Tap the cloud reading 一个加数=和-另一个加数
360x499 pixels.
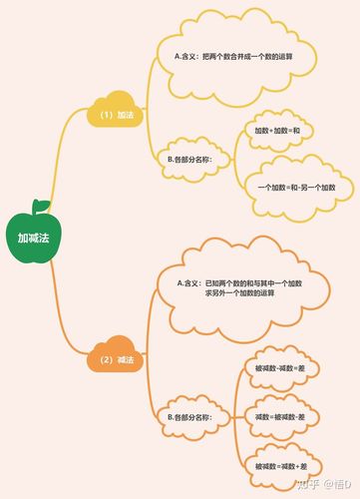click(x=296, y=188)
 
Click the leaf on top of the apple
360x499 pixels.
click(x=40, y=207)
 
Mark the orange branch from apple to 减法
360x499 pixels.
click(x=66, y=319)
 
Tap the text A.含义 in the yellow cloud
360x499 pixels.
click(x=185, y=56)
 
